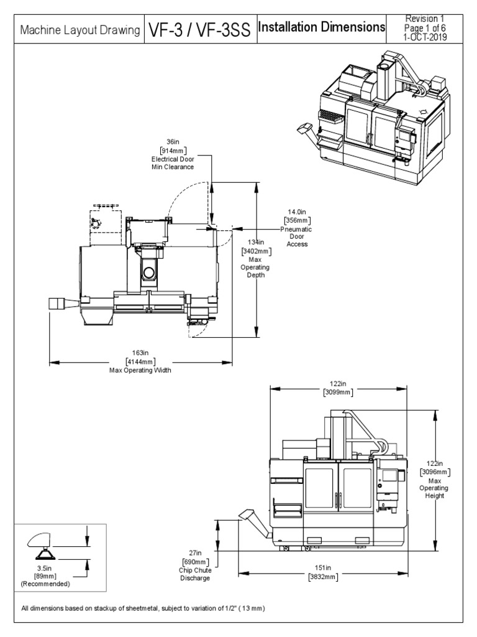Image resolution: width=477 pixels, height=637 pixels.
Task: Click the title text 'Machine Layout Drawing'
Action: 79,30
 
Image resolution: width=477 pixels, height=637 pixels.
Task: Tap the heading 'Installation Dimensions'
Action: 321,27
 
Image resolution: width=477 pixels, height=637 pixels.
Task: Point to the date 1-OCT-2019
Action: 425,37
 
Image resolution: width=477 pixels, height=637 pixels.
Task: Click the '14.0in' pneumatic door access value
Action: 297,212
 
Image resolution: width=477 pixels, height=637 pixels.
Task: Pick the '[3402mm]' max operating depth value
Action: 256,251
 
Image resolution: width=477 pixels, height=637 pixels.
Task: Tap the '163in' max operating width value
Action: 140,353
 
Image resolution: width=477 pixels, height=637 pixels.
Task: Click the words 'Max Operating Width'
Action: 140,370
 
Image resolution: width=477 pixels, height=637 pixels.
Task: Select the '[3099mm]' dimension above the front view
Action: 338,392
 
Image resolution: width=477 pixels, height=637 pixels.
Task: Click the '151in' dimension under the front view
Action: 322,568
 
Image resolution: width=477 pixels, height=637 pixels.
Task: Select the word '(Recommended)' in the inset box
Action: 45,584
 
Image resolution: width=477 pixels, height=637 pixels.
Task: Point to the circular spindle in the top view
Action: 147,272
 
